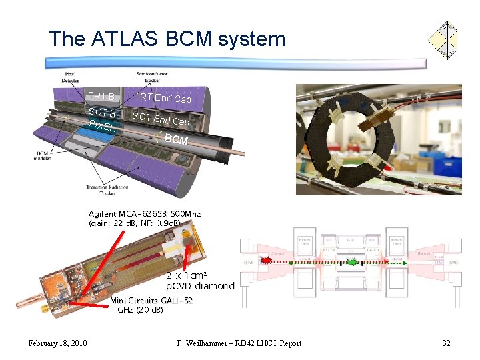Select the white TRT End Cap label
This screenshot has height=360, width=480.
pos(163,98)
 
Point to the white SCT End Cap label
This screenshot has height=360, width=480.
pos(161,119)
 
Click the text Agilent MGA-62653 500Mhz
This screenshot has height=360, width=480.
pos(145,213)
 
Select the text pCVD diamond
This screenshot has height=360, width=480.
pos(200,286)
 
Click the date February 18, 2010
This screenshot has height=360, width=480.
pos(57,343)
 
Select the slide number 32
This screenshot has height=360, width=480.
pos(446,343)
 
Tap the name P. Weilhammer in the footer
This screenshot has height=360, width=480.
pos(207,343)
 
